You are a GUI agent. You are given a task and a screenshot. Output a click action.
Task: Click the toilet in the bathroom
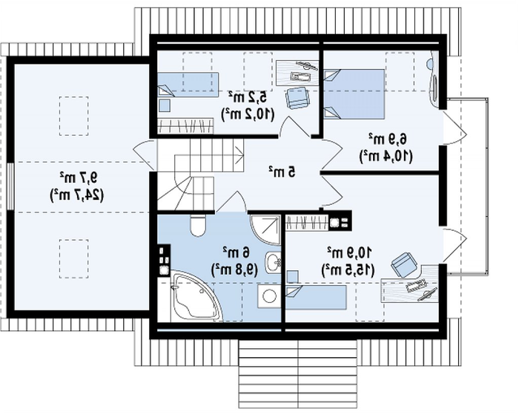(x=198, y=226)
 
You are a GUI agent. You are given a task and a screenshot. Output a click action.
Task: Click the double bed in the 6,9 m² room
(x=354, y=94)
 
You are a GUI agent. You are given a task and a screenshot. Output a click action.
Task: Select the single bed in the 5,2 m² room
(x=188, y=85)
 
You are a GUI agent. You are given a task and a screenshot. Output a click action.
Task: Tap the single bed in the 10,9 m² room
(x=316, y=297)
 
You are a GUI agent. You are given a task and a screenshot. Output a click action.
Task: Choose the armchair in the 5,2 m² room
(x=297, y=97)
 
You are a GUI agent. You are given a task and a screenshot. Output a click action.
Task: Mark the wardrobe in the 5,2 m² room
(x=185, y=126)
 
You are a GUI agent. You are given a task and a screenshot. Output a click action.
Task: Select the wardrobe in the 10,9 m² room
(x=307, y=222)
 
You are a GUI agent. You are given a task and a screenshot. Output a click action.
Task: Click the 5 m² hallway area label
(x=282, y=171)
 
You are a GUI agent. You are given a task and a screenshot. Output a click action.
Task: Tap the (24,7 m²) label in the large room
(x=77, y=195)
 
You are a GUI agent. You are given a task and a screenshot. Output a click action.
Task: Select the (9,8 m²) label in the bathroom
(x=235, y=269)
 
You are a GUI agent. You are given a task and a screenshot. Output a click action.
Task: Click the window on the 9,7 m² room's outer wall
(x=10, y=186)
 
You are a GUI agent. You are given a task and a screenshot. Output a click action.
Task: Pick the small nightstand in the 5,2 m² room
(x=165, y=105)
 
